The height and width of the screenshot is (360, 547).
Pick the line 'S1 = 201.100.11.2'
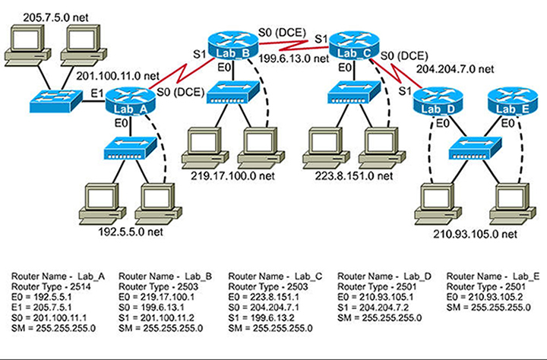pyautogui.click(x=159, y=317)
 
